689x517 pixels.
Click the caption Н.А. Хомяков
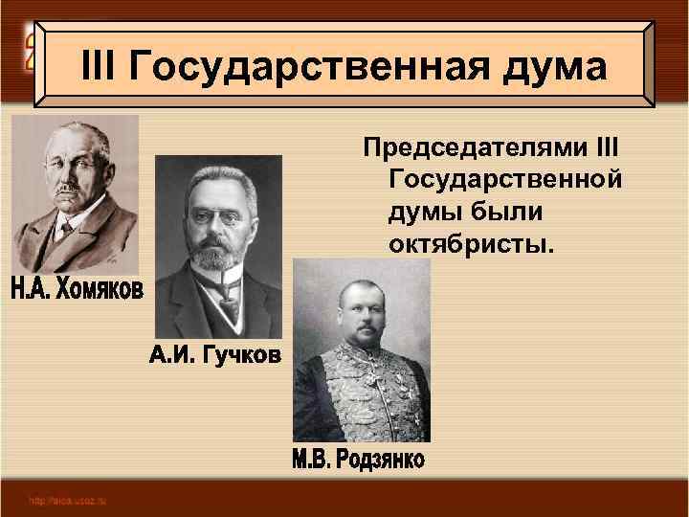[x=77, y=288]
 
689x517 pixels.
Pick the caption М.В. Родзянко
[x=358, y=459]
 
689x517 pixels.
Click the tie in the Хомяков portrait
[x=65, y=230]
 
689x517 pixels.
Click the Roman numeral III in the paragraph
[x=606, y=151]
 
